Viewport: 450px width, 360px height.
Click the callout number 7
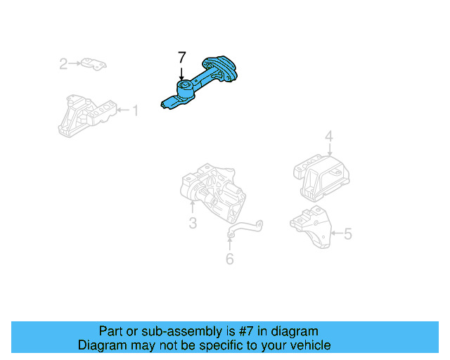tap(182, 57)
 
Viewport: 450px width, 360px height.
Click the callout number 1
tap(136, 110)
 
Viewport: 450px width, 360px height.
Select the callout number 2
tap(63, 65)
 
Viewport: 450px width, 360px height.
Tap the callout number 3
tap(192, 224)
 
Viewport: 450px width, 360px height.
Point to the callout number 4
tap(328, 136)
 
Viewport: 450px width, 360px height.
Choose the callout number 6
tap(229, 259)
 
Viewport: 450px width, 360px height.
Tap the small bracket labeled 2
tap(92, 64)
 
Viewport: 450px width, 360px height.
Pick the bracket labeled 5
tap(311, 227)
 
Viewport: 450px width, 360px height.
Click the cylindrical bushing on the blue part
tap(184, 90)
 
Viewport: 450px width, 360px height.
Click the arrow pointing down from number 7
tap(182, 72)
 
